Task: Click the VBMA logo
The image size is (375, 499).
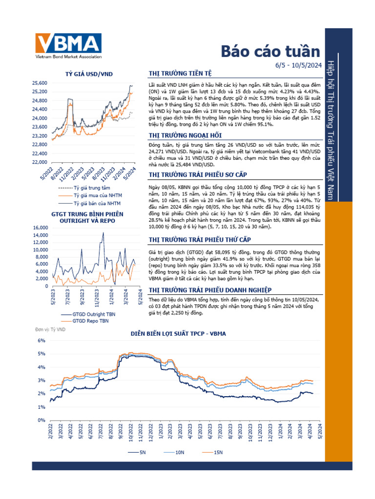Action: point(67,46)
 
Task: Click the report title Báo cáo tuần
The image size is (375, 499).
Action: point(271,52)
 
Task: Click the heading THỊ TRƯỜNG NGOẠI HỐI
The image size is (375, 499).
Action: point(182,135)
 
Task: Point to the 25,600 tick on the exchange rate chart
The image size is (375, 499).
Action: point(39,83)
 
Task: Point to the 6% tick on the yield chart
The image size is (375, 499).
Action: point(42,340)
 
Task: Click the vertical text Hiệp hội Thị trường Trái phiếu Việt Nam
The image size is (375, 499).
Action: point(331,130)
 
